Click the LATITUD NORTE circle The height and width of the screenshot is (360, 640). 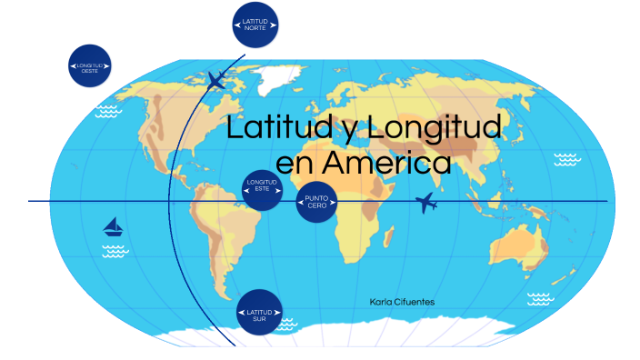pos(255,25)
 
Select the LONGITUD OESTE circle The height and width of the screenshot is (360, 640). pos(91,66)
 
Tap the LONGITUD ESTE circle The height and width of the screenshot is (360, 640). pos(262,188)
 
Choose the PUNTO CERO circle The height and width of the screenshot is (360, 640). pos(316,201)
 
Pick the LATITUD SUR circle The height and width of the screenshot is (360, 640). pos(259,312)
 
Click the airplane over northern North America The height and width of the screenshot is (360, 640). pos(215,80)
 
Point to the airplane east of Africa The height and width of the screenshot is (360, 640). pos(425,203)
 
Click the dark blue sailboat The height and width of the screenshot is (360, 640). pos(114,226)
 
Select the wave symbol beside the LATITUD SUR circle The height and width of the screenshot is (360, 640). pos(286,322)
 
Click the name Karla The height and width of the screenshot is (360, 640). pos(385,301)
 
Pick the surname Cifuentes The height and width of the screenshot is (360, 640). pos(418,301)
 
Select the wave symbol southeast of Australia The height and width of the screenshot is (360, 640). pos(540,297)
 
